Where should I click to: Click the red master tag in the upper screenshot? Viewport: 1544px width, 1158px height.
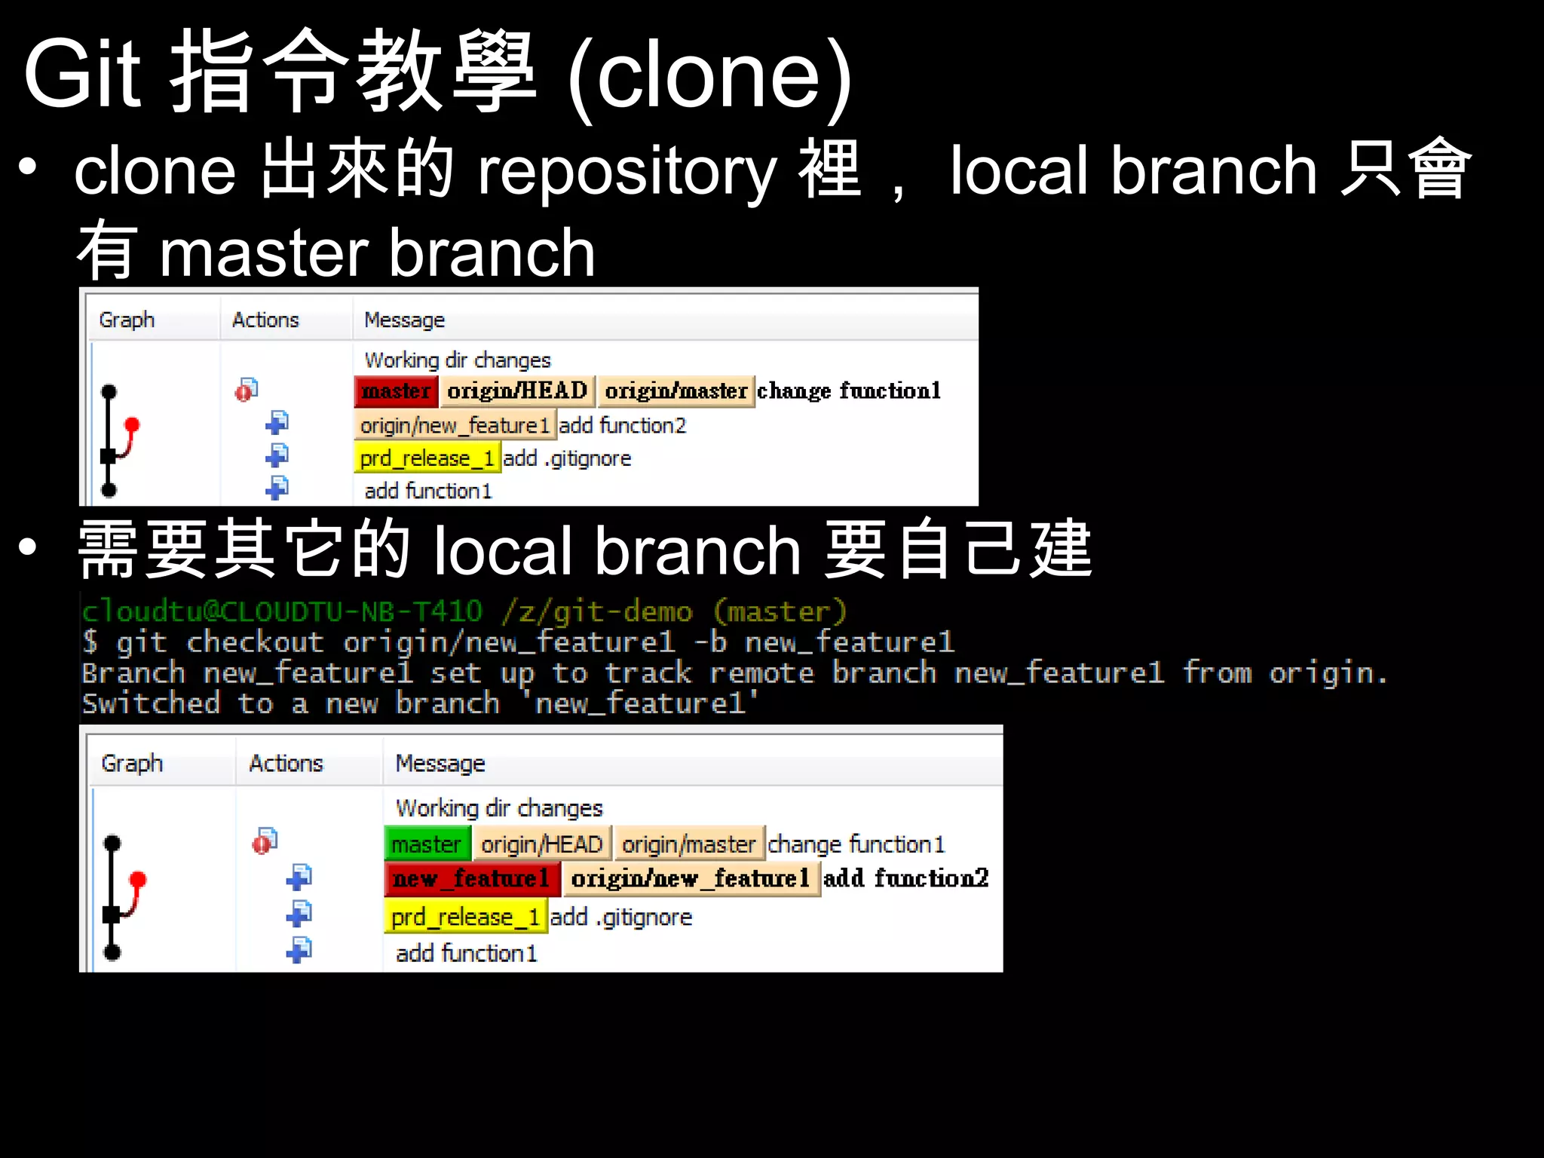pos(396,391)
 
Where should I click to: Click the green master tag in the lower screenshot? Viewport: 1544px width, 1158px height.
pos(427,844)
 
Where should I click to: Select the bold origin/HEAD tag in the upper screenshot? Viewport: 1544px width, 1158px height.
pos(516,391)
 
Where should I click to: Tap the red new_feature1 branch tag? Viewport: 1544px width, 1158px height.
pos(471,879)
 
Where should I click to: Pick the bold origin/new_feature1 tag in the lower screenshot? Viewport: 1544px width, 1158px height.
pos(690,879)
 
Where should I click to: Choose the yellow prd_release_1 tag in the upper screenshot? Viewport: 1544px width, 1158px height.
pos(427,458)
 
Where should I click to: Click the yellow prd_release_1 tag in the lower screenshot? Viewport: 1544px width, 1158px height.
pos(465,918)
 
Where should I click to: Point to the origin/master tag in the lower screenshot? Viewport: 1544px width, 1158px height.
pos(688,844)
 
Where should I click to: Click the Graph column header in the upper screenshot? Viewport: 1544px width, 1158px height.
pos(127,320)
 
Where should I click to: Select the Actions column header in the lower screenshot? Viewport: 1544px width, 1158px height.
pos(286,764)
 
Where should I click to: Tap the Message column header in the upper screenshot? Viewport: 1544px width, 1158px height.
pos(404,320)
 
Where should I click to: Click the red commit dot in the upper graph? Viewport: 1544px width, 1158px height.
pos(133,425)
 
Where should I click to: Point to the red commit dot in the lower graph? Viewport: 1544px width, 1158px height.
pos(138,879)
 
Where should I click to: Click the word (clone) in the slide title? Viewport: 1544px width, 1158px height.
pos(709,75)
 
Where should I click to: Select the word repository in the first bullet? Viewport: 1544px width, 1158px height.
pos(627,172)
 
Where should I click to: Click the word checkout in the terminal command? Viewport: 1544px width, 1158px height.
pos(255,642)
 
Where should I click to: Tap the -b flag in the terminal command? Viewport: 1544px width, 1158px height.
pos(709,642)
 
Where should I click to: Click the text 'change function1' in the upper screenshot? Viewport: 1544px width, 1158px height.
pos(849,391)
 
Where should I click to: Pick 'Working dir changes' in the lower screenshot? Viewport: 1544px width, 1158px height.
pos(499,808)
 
